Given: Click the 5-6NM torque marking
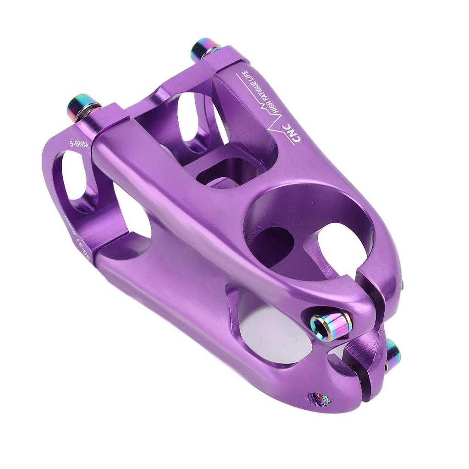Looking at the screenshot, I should pyautogui.click(x=78, y=143).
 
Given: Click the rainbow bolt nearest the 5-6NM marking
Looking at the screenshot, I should pyautogui.click(x=83, y=107).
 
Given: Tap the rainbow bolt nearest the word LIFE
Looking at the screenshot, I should pyautogui.click(x=204, y=49).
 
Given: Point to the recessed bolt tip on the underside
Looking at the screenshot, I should pyautogui.click(x=319, y=398).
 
